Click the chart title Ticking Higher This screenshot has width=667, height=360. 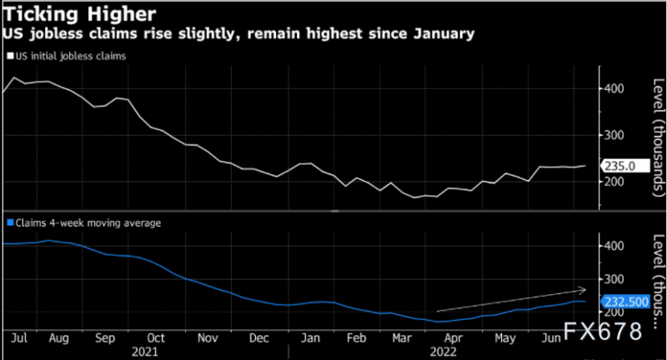pyautogui.click(x=79, y=15)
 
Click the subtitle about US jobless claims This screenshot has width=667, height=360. pyautogui.click(x=239, y=35)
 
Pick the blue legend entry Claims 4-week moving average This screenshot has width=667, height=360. pyautogui.click(x=83, y=222)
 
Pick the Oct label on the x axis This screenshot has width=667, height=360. pyautogui.click(x=156, y=339)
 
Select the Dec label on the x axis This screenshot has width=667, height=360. pyautogui.click(x=259, y=339)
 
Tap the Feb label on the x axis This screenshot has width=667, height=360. pyautogui.click(x=356, y=339)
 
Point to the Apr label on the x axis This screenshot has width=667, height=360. pyautogui.click(x=454, y=339)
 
